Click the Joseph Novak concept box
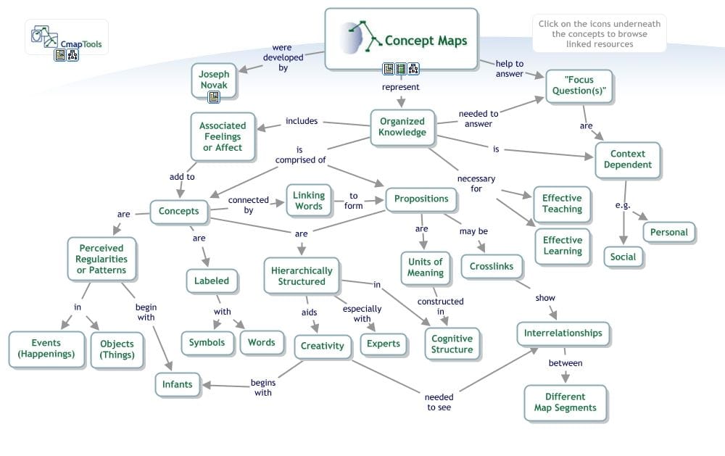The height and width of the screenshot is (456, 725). point(214,80)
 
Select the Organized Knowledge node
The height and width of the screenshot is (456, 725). point(402,127)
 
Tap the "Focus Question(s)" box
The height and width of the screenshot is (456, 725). point(579,86)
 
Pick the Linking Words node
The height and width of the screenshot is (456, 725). point(309,201)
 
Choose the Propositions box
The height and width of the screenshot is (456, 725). point(421,199)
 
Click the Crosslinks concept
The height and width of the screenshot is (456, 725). point(491,266)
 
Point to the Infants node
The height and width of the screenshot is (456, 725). point(177,384)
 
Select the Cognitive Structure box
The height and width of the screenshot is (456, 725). point(452,344)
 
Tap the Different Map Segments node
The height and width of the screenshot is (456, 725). point(565,402)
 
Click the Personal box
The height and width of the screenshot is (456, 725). point(668,233)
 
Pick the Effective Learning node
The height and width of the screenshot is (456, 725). point(563,245)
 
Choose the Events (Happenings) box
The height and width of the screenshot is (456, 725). point(46,349)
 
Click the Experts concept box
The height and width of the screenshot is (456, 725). point(383,344)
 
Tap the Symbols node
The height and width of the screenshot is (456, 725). point(207,342)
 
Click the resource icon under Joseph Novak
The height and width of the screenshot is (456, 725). point(214,97)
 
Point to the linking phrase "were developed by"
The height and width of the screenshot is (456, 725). point(283,58)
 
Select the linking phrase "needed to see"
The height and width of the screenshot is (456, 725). point(439,402)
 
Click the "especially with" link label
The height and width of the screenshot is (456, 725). point(362,313)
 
